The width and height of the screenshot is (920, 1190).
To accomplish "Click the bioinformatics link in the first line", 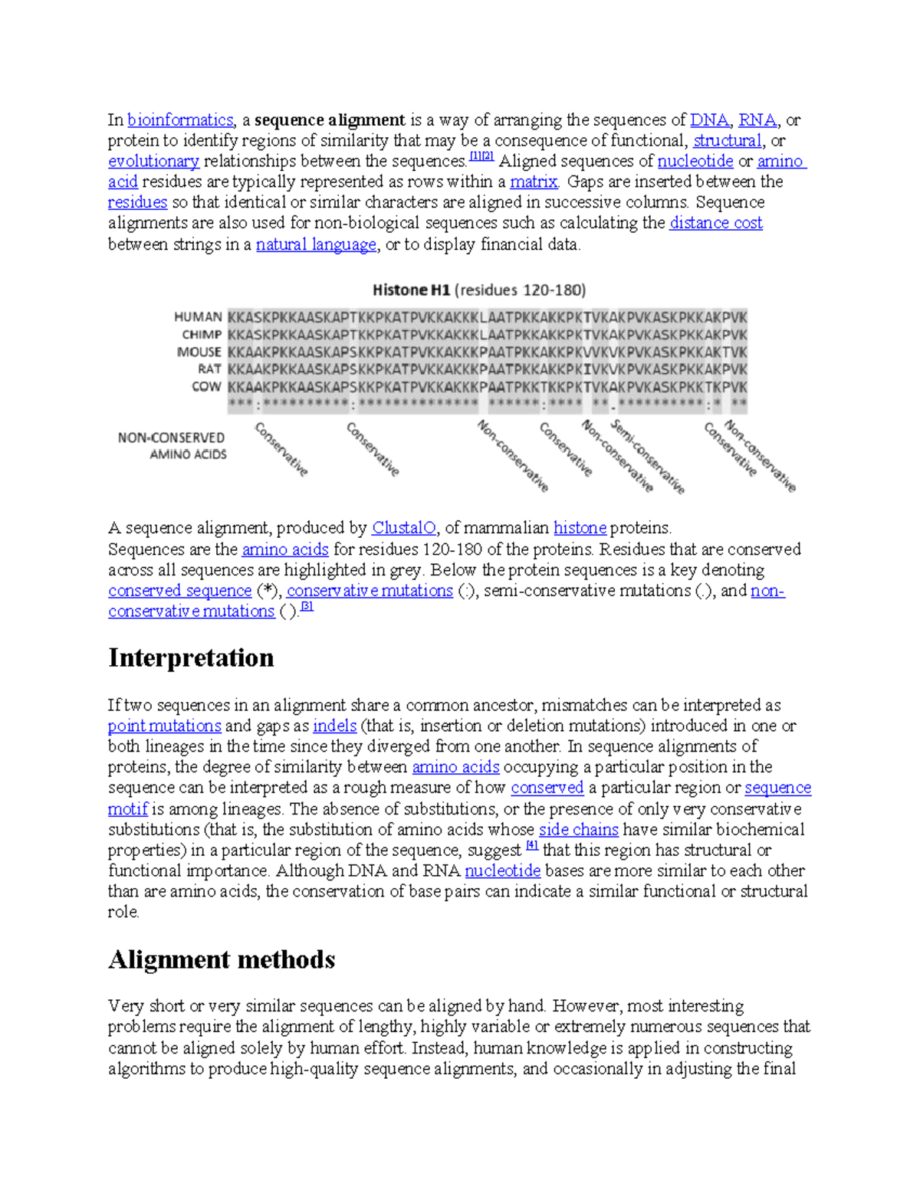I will [180, 120].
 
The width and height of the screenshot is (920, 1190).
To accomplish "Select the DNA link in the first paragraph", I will [709, 120].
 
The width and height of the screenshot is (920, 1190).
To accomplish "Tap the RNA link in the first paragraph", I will [757, 120].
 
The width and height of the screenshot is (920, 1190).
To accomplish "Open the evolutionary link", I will [153, 162].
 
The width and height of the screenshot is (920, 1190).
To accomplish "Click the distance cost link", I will [716, 224].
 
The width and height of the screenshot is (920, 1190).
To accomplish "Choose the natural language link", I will [316, 244].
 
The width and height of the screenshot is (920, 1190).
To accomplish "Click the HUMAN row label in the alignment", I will [198, 317].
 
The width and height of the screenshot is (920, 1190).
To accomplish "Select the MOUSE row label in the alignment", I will [199, 352].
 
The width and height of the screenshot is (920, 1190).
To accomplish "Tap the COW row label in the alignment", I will [206, 387].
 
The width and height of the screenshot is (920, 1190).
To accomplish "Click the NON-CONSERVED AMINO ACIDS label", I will [172, 446].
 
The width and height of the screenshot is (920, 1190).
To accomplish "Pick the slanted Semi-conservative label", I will [648, 457].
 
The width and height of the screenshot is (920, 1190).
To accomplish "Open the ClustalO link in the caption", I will [403, 528].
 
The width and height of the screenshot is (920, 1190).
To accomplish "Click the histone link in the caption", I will [580, 528].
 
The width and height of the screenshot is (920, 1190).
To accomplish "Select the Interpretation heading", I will [191, 657].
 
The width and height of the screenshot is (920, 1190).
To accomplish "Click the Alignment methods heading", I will [222, 959].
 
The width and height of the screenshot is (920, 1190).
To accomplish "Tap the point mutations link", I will [164, 726].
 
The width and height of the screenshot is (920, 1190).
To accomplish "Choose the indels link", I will [334, 726].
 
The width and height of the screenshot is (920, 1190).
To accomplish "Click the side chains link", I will [578, 830].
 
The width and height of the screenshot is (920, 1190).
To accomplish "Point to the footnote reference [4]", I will [532, 847].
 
